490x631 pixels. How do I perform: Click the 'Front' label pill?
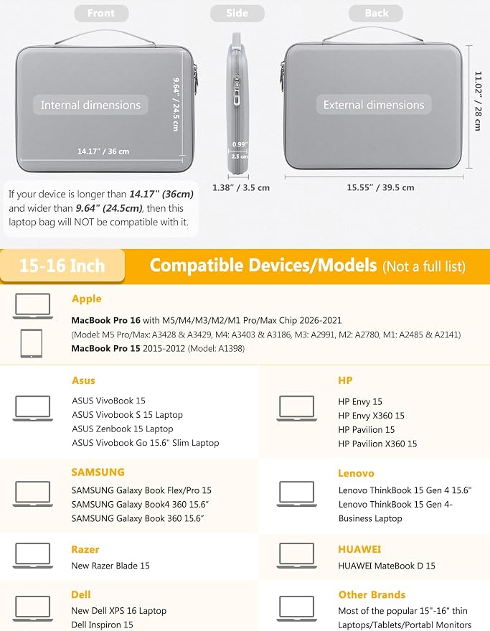click(x=101, y=13)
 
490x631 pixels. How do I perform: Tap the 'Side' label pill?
click(x=237, y=13)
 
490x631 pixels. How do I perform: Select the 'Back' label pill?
click(x=376, y=13)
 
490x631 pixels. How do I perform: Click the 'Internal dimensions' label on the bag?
click(x=90, y=105)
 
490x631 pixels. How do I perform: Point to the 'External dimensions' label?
click(x=374, y=105)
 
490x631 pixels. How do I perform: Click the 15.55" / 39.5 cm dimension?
click(x=380, y=187)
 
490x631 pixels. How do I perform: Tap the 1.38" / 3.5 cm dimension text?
click(x=241, y=187)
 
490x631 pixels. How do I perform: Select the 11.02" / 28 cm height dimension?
click(x=478, y=101)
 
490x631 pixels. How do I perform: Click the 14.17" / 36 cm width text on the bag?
click(x=103, y=151)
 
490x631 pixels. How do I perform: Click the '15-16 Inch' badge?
click(x=62, y=266)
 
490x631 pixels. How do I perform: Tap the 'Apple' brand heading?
click(x=87, y=299)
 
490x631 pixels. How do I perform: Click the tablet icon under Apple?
click(x=32, y=343)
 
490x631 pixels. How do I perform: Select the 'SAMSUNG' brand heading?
click(x=98, y=472)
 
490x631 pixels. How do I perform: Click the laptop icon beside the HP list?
click(x=296, y=408)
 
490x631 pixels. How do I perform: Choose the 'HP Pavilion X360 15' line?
click(x=377, y=444)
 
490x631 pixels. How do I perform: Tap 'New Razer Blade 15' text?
click(x=110, y=566)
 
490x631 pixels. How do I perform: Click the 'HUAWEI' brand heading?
click(x=359, y=549)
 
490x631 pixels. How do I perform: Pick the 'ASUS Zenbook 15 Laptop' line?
click(x=122, y=429)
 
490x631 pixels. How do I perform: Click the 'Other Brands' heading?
click(x=372, y=594)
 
